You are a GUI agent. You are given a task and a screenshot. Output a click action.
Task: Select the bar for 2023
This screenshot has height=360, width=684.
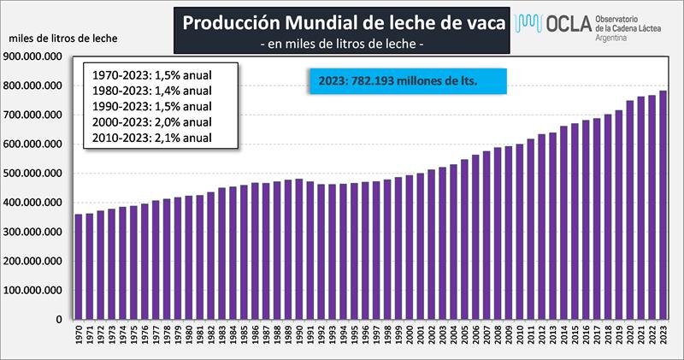663,205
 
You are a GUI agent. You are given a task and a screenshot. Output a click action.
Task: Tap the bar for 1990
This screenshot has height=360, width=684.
298,249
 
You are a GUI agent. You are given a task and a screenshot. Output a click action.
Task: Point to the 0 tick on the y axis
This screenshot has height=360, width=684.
59,320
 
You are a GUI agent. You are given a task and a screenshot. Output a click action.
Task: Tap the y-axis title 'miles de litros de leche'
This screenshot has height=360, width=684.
63,39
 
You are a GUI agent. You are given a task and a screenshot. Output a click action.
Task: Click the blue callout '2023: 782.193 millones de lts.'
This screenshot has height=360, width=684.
404,81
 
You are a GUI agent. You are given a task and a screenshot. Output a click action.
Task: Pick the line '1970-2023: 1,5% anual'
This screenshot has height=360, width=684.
150,74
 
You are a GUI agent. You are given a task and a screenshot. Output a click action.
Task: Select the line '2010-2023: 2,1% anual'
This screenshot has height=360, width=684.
150,137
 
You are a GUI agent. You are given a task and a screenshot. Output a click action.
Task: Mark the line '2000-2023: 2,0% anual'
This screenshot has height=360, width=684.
150,121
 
